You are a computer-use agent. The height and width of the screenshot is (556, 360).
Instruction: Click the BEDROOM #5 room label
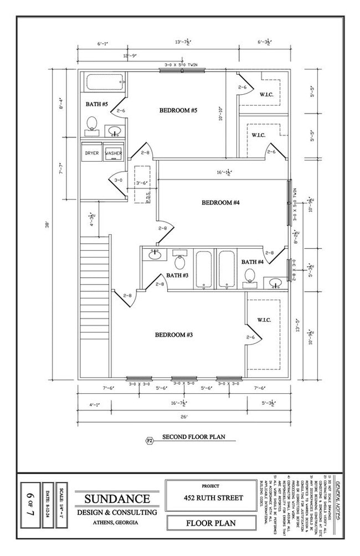click(178, 111)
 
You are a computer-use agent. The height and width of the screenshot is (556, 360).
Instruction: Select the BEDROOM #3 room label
click(173, 334)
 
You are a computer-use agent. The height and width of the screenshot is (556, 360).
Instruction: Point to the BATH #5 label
click(96, 104)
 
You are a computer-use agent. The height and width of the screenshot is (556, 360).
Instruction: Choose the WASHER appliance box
click(114, 153)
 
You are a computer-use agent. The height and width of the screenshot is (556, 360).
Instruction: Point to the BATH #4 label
click(252, 262)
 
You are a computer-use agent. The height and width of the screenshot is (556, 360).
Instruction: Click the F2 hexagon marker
click(149, 441)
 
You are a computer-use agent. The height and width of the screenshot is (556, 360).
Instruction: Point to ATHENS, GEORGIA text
click(116, 523)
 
